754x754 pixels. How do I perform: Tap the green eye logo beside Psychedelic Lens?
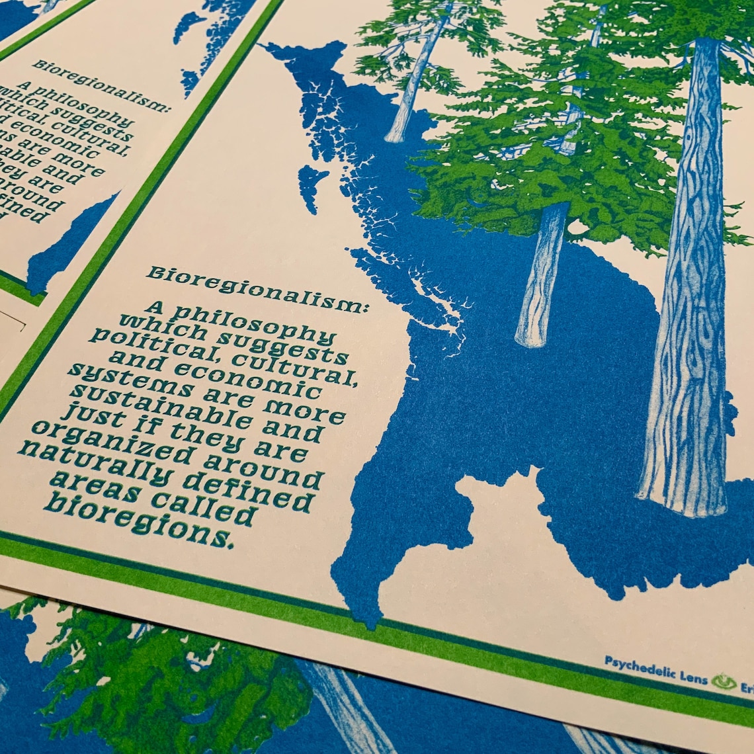[724, 681]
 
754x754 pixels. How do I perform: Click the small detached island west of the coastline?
[312, 185]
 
